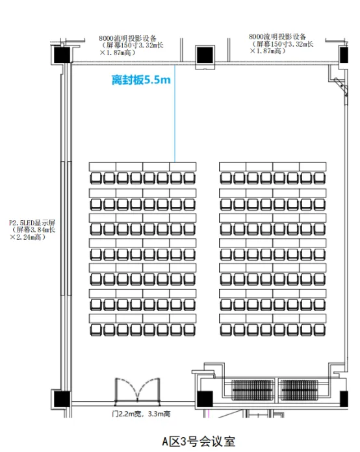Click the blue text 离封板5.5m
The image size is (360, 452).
[141, 80]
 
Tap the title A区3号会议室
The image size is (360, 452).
[199, 441]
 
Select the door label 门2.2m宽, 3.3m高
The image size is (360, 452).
[141, 414]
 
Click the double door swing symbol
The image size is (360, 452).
[138, 390]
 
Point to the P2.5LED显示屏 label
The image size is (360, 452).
[32, 230]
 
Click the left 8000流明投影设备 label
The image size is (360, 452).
[131, 45]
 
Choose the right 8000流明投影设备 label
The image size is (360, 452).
[281, 44]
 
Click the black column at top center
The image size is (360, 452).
[205, 55]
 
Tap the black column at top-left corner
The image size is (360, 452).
[62, 55]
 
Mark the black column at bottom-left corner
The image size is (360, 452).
[62, 399]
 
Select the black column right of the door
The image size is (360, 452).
[205, 399]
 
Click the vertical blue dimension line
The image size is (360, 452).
[175, 113]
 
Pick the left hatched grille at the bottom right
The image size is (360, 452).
[253, 390]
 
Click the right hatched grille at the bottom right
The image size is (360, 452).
[299, 390]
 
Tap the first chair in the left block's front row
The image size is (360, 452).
[96, 178]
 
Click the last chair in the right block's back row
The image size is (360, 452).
[320, 330]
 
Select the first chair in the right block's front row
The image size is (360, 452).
[226, 178]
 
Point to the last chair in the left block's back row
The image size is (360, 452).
[190, 330]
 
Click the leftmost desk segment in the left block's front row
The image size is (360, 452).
[103, 167]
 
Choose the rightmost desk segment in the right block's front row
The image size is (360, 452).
[313, 167]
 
